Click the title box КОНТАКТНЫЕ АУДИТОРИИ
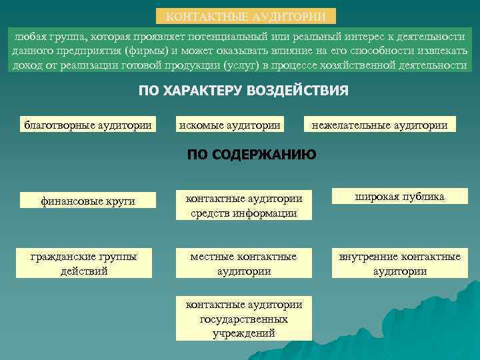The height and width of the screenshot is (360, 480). pyautogui.click(x=246, y=16)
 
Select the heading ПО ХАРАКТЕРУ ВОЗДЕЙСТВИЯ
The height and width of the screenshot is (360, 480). pyautogui.click(x=243, y=91)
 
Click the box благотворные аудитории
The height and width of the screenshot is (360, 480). pyautogui.click(x=88, y=125)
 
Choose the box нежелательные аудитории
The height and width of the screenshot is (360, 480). pyautogui.click(x=379, y=125)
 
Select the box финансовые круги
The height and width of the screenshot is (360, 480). pyautogui.click(x=87, y=200)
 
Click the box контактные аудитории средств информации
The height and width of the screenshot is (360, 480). pyautogui.click(x=243, y=206)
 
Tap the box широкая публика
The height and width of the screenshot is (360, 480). pyautogui.click(x=399, y=197)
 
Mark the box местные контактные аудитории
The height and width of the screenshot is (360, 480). pyautogui.click(x=243, y=263)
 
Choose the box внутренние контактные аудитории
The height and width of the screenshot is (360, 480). pyautogui.click(x=399, y=263)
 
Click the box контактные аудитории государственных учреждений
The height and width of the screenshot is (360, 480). pyautogui.click(x=243, y=319)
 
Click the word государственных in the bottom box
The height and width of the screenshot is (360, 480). pyautogui.click(x=243, y=319)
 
